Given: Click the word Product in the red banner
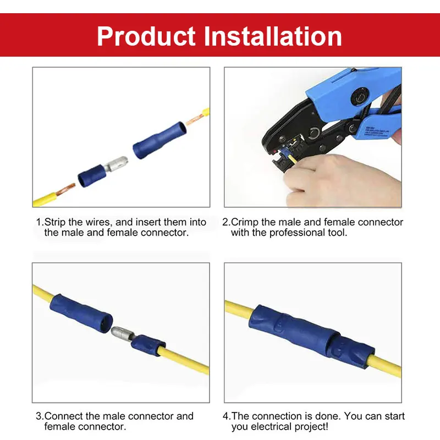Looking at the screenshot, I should [146, 36].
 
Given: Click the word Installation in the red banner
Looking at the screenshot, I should [273, 36].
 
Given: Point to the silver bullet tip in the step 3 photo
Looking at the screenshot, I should [120, 333].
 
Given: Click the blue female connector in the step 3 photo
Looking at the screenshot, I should [81, 314].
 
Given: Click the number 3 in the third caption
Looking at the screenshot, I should [38, 416].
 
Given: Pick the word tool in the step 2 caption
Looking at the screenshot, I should [337, 233].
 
